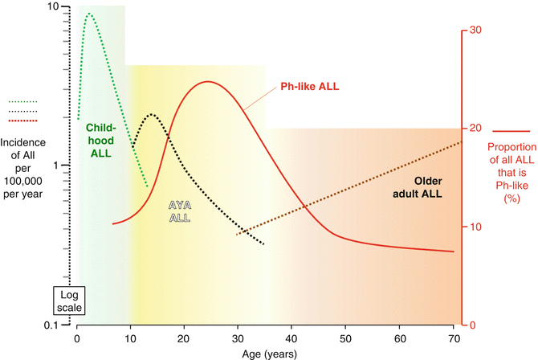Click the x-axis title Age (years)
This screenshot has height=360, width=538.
tap(269, 353)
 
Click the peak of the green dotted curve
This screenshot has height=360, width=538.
tap(88, 14)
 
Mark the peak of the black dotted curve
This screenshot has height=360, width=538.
tap(151, 115)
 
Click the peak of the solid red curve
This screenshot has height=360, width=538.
tap(208, 81)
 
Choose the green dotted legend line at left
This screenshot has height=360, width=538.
tap(22, 102)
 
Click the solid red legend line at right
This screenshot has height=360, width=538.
tap(511, 130)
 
